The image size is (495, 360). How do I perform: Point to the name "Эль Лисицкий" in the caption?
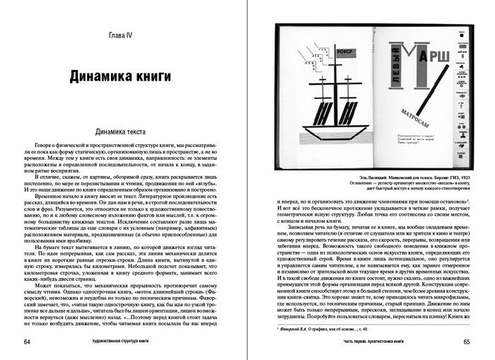355,172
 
